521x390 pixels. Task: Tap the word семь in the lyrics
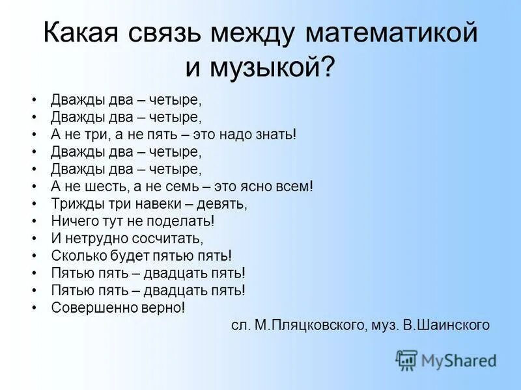tap(185, 186)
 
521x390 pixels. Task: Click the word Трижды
tap(74, 203)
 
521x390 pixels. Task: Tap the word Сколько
tap(76, 255)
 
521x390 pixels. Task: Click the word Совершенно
tap(89, 307)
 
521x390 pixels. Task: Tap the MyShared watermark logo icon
tap(406, 359)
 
